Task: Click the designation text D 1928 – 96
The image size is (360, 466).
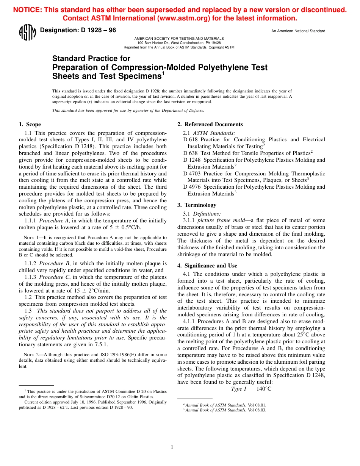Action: tap(78, 30)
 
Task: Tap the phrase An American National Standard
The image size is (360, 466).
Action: tap(298, 31)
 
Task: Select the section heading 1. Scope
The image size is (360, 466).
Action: tap(30, 124)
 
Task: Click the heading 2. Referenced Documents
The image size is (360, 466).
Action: tap(210, 124)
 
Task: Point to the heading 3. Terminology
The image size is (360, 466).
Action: tap(197, 205)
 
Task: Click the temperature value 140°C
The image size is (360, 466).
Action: tap(264, 389)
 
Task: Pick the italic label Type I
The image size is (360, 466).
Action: tap(239, 389)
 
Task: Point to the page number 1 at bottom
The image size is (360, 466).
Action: tap(172, 447)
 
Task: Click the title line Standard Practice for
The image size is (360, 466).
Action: tap(91, 58)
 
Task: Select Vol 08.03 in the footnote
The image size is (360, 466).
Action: tap(257, 410)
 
